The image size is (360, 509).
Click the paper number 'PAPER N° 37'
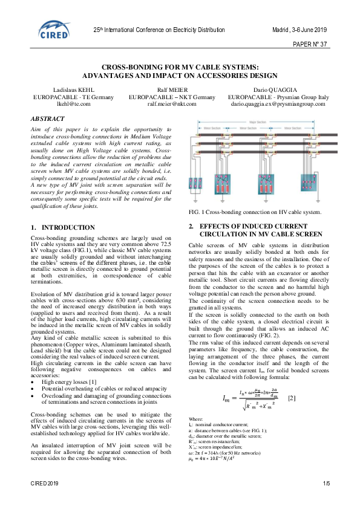coord(310,45)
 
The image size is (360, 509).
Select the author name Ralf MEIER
coord(172,89)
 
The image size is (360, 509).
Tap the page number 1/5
coord(326,484)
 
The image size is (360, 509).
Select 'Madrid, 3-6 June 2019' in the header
coord(298,30)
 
